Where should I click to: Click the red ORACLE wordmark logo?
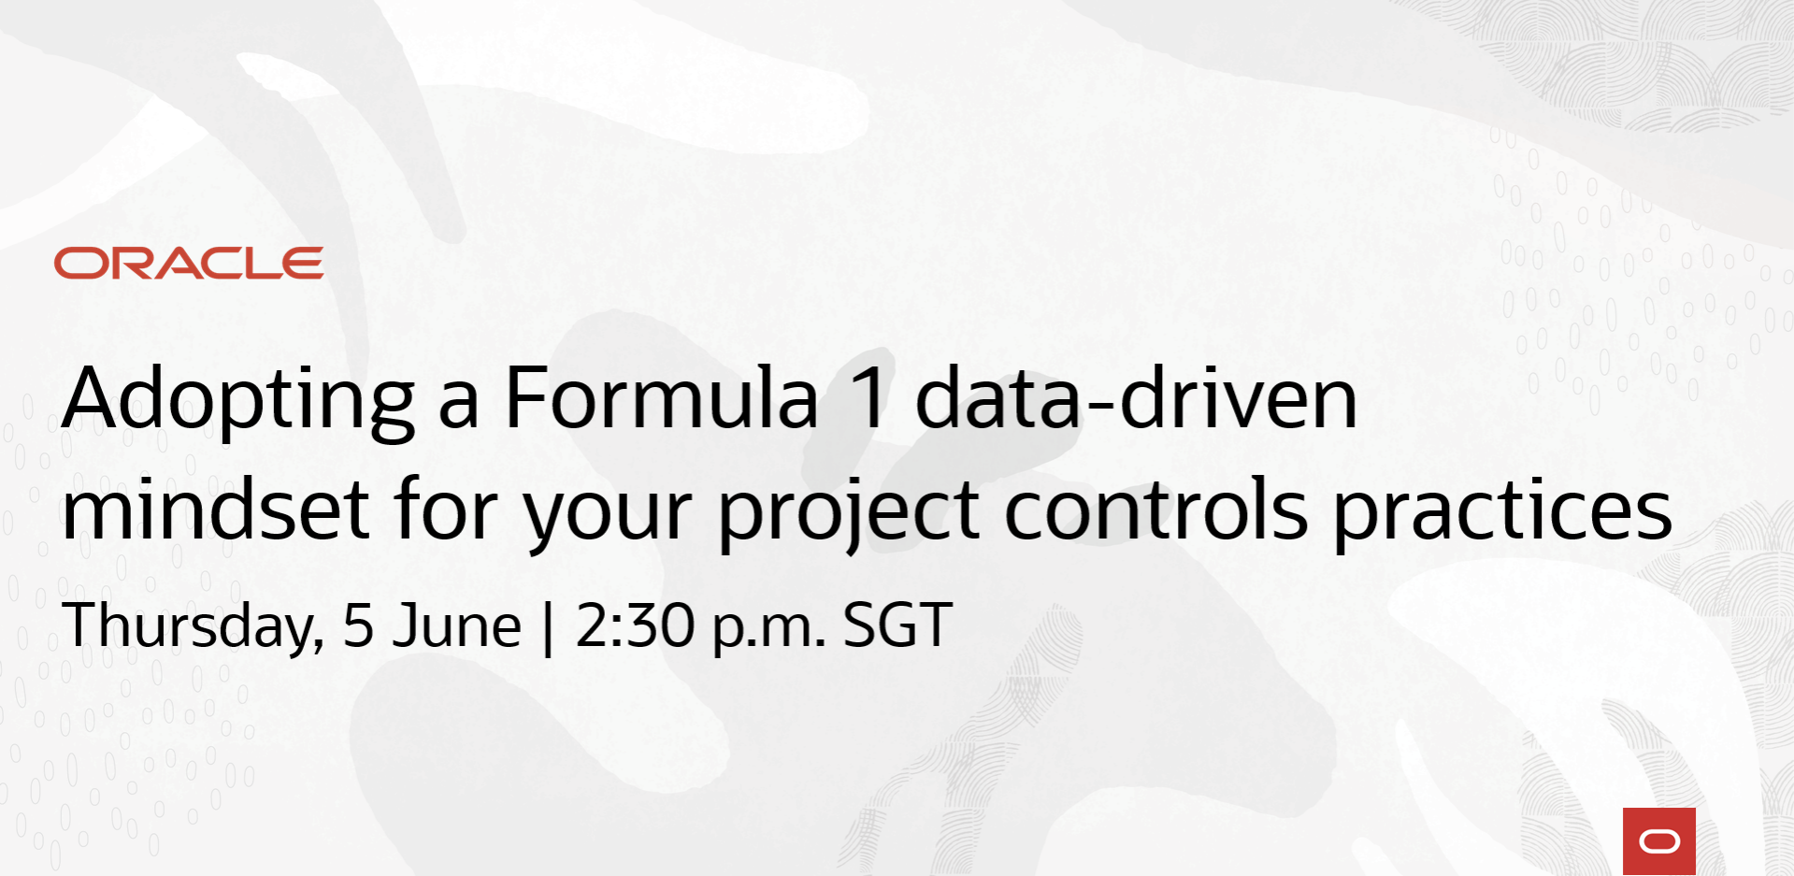click(x=189, y=264)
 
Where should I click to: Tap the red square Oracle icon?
click(x=1659, y=841)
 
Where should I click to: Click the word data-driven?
click(x=1136, y=397)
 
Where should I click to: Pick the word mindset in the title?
click(x=216, y=509)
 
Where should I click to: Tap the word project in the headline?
click(x=849, y=513)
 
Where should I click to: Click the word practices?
click(x=1502, y=512)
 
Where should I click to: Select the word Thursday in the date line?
click(x=194, y=626)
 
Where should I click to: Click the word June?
click(x=456, y=625)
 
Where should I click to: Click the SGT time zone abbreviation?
click(x=897, y=625)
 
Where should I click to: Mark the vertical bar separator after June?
click(x=548, y=627)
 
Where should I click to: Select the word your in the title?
click(x=608, y=520)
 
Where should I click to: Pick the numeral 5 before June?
click(x=359, y=625)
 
